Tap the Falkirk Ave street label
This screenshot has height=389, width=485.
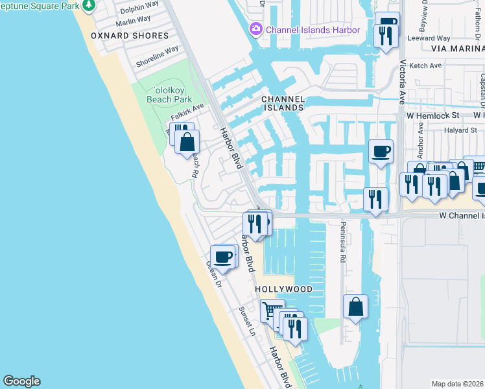coord(187,111)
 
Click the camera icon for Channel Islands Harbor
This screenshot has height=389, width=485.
coord(255,29)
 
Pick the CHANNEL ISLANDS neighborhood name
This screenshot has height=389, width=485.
coord(283,103)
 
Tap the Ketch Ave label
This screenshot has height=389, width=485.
coord(425,65)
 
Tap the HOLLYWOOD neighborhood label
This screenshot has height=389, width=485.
coord(283,289)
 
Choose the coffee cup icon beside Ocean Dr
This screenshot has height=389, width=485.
coord(224,257)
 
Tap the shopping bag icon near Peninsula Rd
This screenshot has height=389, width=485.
coord(356,307)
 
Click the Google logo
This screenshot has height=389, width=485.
coord(21,381)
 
